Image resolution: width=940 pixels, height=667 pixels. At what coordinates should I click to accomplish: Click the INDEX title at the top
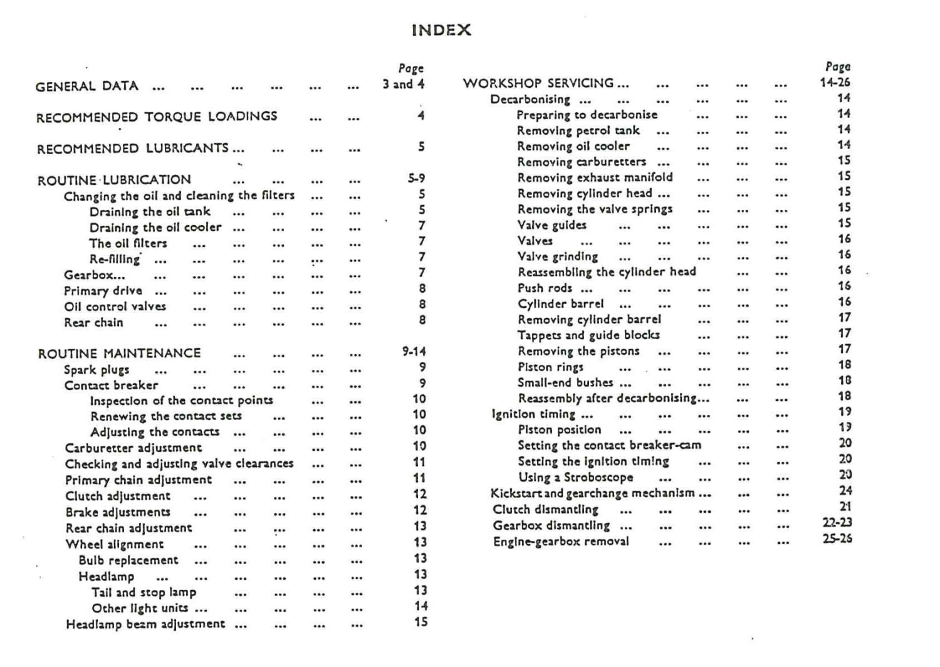441,30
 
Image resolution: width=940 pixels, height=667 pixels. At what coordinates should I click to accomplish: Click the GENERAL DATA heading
87,87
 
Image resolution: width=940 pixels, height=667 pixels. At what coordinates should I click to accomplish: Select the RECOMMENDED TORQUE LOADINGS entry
157,117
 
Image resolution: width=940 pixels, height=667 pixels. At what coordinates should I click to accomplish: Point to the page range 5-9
416,179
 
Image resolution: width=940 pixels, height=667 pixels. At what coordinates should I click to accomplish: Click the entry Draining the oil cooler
155,228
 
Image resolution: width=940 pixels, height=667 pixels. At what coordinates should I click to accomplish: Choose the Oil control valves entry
115,307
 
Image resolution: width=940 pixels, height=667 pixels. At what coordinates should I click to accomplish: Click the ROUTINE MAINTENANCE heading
120,354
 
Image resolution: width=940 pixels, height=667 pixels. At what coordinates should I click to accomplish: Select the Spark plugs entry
97,370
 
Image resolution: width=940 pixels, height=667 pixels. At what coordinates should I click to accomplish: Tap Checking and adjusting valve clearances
179,465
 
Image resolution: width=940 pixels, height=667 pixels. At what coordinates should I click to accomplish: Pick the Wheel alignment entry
115,544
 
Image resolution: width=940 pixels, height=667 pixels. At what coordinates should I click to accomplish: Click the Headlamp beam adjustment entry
145,624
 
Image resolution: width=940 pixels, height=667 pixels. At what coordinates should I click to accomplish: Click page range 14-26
835,82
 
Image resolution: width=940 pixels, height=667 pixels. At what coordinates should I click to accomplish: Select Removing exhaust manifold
595,178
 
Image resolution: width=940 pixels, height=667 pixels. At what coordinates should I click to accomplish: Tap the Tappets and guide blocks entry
588,335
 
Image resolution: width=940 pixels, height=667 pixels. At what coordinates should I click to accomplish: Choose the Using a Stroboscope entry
575,478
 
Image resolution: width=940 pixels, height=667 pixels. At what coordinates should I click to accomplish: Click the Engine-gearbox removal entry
561,542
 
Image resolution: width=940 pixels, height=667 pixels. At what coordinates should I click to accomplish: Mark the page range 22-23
837,523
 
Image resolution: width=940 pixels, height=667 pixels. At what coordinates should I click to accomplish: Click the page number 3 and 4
404,84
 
